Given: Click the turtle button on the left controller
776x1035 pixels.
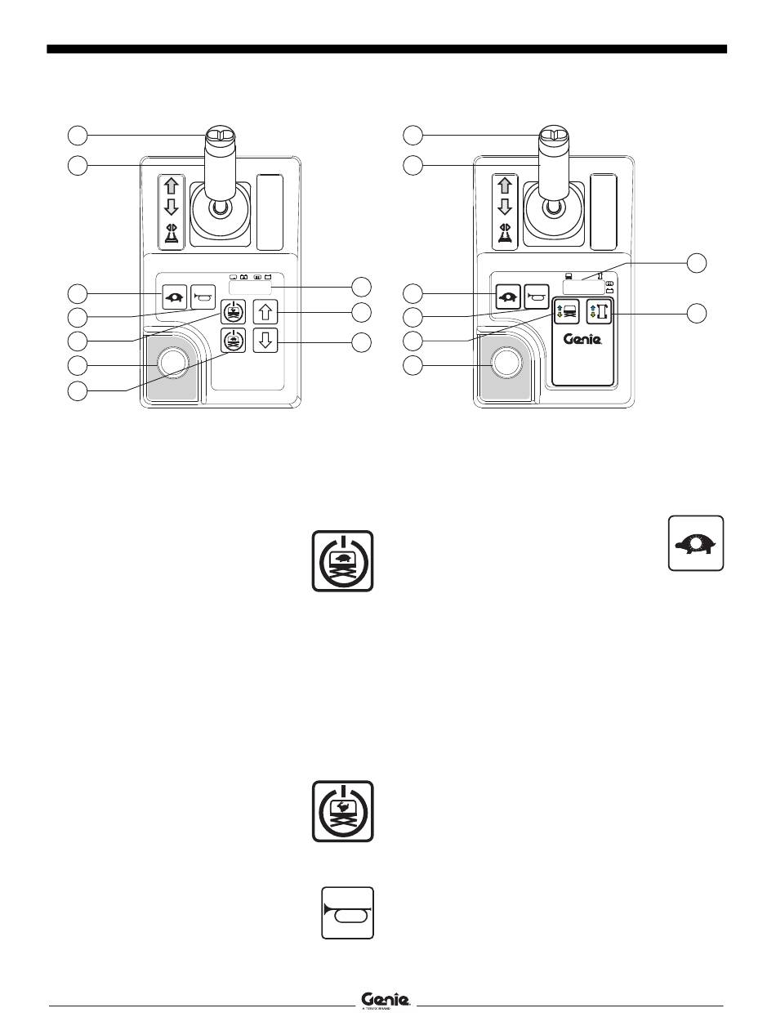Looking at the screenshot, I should pos(174,295).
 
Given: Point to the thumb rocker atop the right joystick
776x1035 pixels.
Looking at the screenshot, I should pos(551,136).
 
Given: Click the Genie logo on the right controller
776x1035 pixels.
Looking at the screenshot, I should pos(583,340).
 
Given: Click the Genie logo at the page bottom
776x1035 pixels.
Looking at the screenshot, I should pos(386,1000).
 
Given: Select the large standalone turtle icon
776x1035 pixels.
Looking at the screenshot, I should pos(696,543).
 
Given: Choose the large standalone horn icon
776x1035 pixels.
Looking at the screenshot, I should pos(348,912).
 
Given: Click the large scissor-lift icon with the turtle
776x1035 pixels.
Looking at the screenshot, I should pos(343,560).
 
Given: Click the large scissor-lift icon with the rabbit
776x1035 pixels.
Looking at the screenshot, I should pos(343,811).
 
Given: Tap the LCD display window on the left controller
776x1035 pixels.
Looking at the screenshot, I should pos(250,289).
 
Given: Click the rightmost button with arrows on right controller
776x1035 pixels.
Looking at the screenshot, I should pos(600,312).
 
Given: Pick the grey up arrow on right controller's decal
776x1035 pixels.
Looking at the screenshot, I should pos(505,185).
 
